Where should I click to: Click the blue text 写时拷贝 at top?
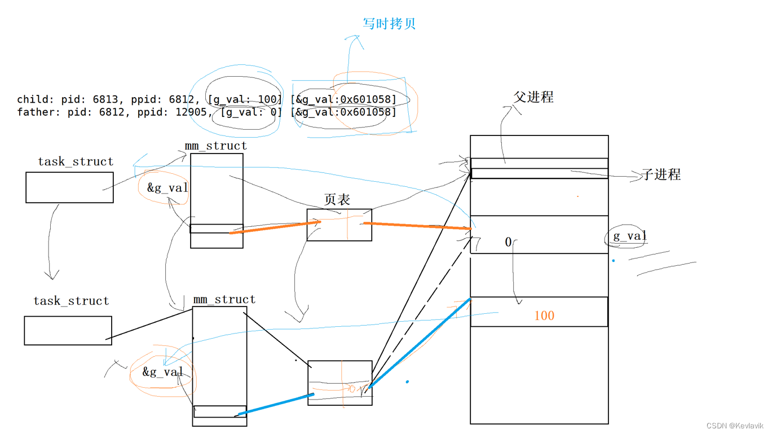click(x=389, y=24)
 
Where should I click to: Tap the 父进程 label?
click(x=533, y=97)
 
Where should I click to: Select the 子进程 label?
click(x=661, y=174)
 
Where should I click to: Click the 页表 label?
click(x=337, y=199)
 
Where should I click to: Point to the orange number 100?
click(x=544, y=315)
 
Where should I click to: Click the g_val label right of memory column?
click(x=629, y=236)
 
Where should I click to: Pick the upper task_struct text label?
click(x=76, y=161)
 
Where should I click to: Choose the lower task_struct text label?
click(x=71, y=301)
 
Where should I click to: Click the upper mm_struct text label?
click(x=216, y=146)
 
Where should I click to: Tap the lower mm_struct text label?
click(x=224, y=299)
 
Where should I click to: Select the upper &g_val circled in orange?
click(x=167, y=188)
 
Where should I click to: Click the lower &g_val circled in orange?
click(x=162, y=372)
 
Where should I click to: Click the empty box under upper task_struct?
click(x=69, y=187)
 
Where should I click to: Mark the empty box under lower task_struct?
click(x=68, y=330)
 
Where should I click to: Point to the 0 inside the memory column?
click(x=508, y=242)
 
